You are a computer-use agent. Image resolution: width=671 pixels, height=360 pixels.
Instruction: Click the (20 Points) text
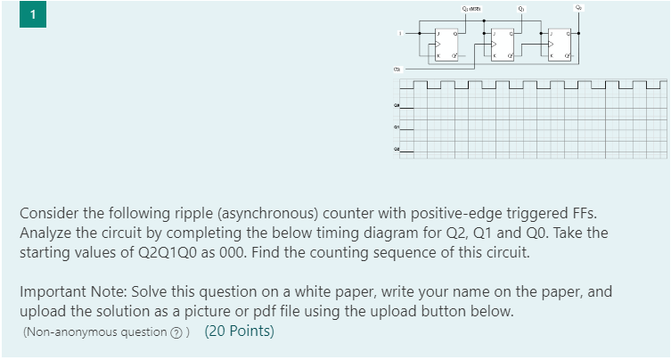(240, 331)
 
